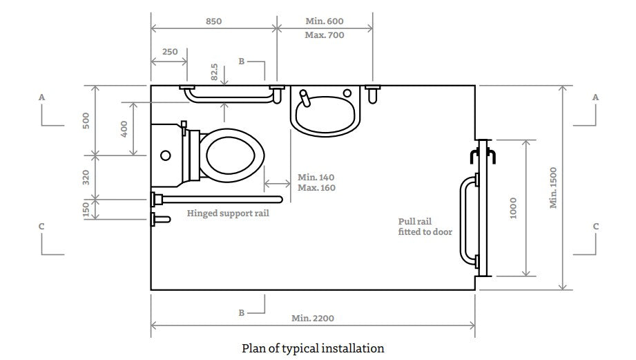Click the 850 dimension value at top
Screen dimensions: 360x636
pos(213,21)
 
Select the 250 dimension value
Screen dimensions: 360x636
pos(169,52)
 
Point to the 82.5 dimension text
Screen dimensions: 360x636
pos(215,73)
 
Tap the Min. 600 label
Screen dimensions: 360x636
pos(325,21)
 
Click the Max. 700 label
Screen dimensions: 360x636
pos(325,35)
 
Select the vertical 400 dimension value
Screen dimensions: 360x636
pos(124,129)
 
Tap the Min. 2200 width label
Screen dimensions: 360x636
pos(312,319)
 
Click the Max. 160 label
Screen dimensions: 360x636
pos(316,188)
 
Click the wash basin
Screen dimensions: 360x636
pos(325,110)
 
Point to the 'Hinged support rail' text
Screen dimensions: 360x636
pos(228,214)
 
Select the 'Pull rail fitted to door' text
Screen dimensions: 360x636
pos(425,227)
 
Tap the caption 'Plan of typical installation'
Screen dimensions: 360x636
pos(312,348)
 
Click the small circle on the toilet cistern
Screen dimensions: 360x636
pos(166,155)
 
